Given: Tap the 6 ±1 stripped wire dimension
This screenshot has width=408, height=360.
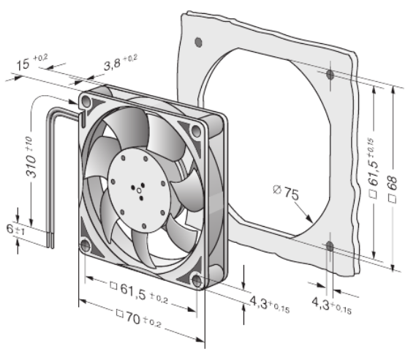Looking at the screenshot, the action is coord(15,230).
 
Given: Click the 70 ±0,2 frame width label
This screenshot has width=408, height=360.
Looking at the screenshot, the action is coord(139,318).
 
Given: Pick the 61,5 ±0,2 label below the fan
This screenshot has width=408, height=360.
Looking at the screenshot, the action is coord(139,293).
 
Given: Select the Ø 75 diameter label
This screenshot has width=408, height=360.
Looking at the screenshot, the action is coord(286,192).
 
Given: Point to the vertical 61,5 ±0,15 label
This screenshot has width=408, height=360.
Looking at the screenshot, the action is coord(373,168).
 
